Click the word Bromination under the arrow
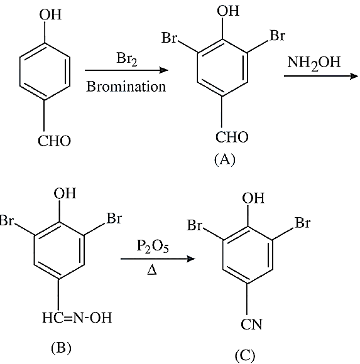tap(126, 87)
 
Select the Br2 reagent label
tap(127, 59)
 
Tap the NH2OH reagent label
tap(314, 63)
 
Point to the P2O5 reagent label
tap(153, 246)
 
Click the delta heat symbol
tap(152, 270)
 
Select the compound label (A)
tap(225, 160)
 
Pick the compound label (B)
tap(61, 348)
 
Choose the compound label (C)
tap(245, 356)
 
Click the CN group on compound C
tap(251, 324)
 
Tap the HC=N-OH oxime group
tap(77, 318)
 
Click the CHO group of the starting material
tap(54, 141)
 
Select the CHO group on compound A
tap(232, 137)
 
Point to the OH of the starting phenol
tap(50, 14)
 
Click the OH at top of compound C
tap(253, 198)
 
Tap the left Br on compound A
tap(170, 38)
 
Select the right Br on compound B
tap(114, 218)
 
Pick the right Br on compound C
tap(302, 223)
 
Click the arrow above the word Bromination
tap(126, 70)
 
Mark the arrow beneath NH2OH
tap(320, 76)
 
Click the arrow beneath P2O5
tap(158, 259)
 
